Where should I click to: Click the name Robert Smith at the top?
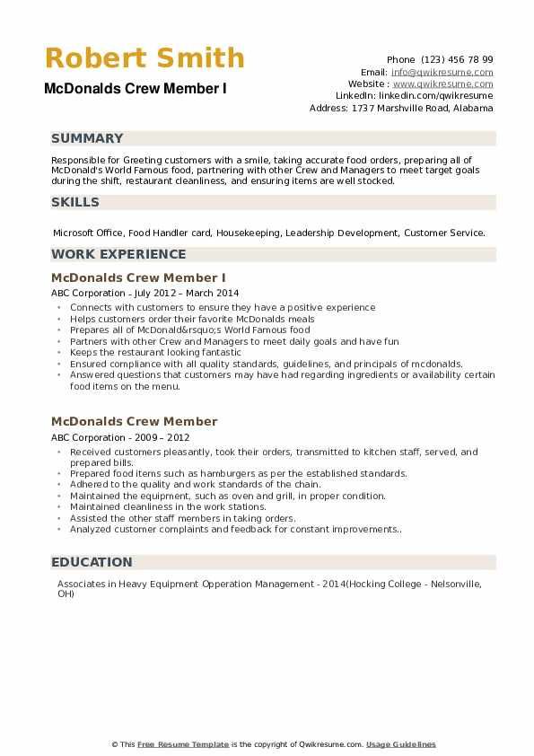tap(144, 58)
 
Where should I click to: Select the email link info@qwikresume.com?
tap(442, 72)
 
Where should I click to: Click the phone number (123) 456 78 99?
tap(457, 59)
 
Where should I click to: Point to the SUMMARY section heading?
tap(87, 138)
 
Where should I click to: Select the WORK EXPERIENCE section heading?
tap(118, 254)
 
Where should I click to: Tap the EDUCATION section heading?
tap(92, 562)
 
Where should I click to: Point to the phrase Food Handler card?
tap(171, 233)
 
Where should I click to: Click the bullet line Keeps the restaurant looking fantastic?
tap(155, 353)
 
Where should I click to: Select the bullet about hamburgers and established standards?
tap(238, 473)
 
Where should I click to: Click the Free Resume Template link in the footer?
tap(182, 744)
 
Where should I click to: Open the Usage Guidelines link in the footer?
tap(401, 744)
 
